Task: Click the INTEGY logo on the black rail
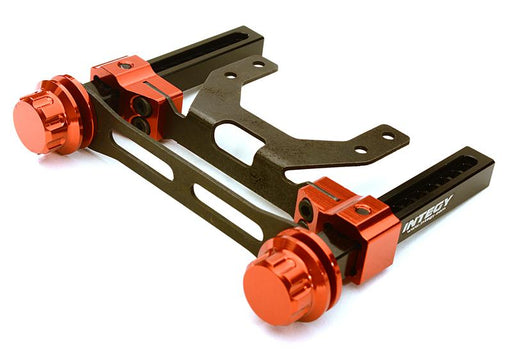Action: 429,213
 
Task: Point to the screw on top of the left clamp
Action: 123,66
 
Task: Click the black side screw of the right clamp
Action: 307,208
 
